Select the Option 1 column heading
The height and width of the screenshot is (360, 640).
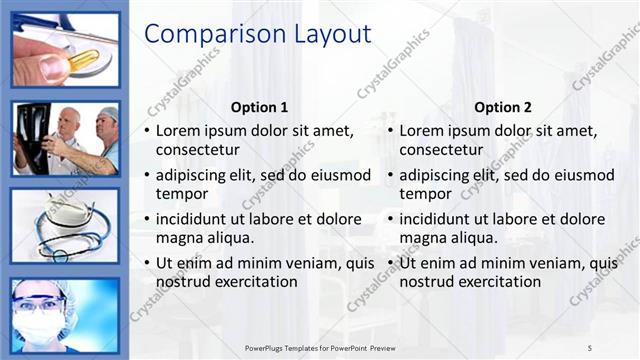pyautogui.click(x=259, y=107)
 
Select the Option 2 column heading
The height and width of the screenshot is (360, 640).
pyautogui.click(x=503, y=107)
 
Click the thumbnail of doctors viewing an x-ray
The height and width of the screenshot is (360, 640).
pyautogui.click(x=65, y=138)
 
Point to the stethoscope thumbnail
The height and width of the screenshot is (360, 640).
pyautogui.click(x=65, y=225)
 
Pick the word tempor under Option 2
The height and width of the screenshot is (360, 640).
pyautogui.click(x=426, y=194)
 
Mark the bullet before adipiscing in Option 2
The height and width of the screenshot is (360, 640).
pyautogui.click(x=391, y=175)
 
